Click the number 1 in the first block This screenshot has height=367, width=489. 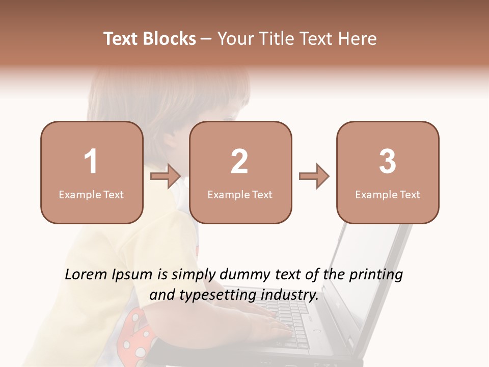point(91,162)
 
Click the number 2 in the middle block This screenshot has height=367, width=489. point(239,162)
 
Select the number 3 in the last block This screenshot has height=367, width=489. point(388,162)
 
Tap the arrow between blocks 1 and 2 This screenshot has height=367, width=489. point(166,176)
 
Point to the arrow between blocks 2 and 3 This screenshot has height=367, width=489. point(314,176)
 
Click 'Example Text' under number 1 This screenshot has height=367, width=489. point(91,194)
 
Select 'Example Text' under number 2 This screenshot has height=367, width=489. point(240,194)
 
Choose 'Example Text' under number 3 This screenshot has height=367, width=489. point(388,194)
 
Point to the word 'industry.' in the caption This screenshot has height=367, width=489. point(291,295)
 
